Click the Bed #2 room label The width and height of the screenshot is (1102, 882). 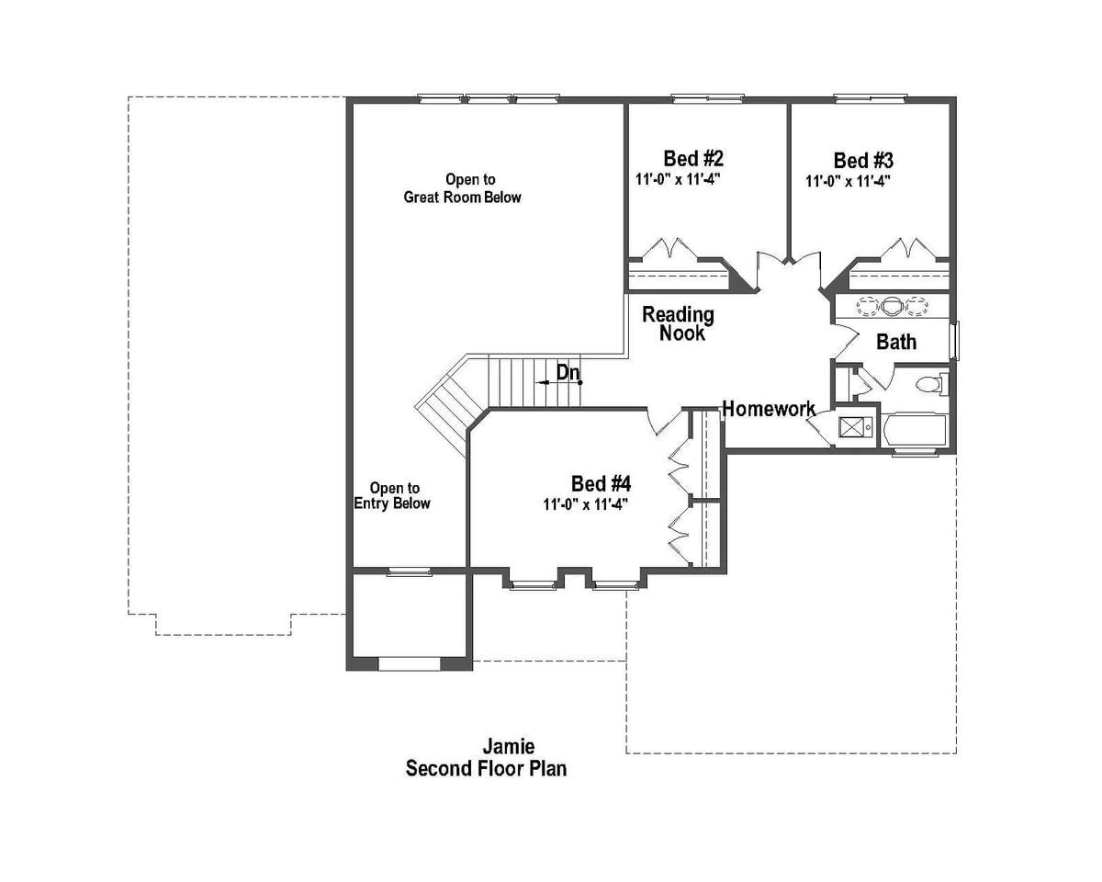point(693,159)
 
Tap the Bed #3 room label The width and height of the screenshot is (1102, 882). point(863,161)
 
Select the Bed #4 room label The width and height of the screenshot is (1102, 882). point(602,483)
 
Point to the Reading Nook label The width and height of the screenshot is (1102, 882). point(679,324)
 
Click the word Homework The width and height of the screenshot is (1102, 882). point(770,409)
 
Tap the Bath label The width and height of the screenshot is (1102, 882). point(896,342)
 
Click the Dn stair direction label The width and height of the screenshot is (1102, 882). point(568,373)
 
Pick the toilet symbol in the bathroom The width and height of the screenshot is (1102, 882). point(931,384)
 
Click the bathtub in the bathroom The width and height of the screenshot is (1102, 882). point(915,431)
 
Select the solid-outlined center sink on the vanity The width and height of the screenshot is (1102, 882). point(893,307)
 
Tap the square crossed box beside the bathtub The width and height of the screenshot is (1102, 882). point(851,427)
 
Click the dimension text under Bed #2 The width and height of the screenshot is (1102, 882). point(679,180)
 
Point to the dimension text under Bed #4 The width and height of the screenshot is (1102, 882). point(586,504)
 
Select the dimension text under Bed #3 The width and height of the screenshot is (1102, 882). point(849,181)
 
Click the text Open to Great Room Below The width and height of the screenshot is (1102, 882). point(463,188)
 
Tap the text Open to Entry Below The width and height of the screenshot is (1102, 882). point(392,495)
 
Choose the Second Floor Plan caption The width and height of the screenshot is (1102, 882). point(487,769)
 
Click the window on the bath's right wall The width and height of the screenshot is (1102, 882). point(954,341)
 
